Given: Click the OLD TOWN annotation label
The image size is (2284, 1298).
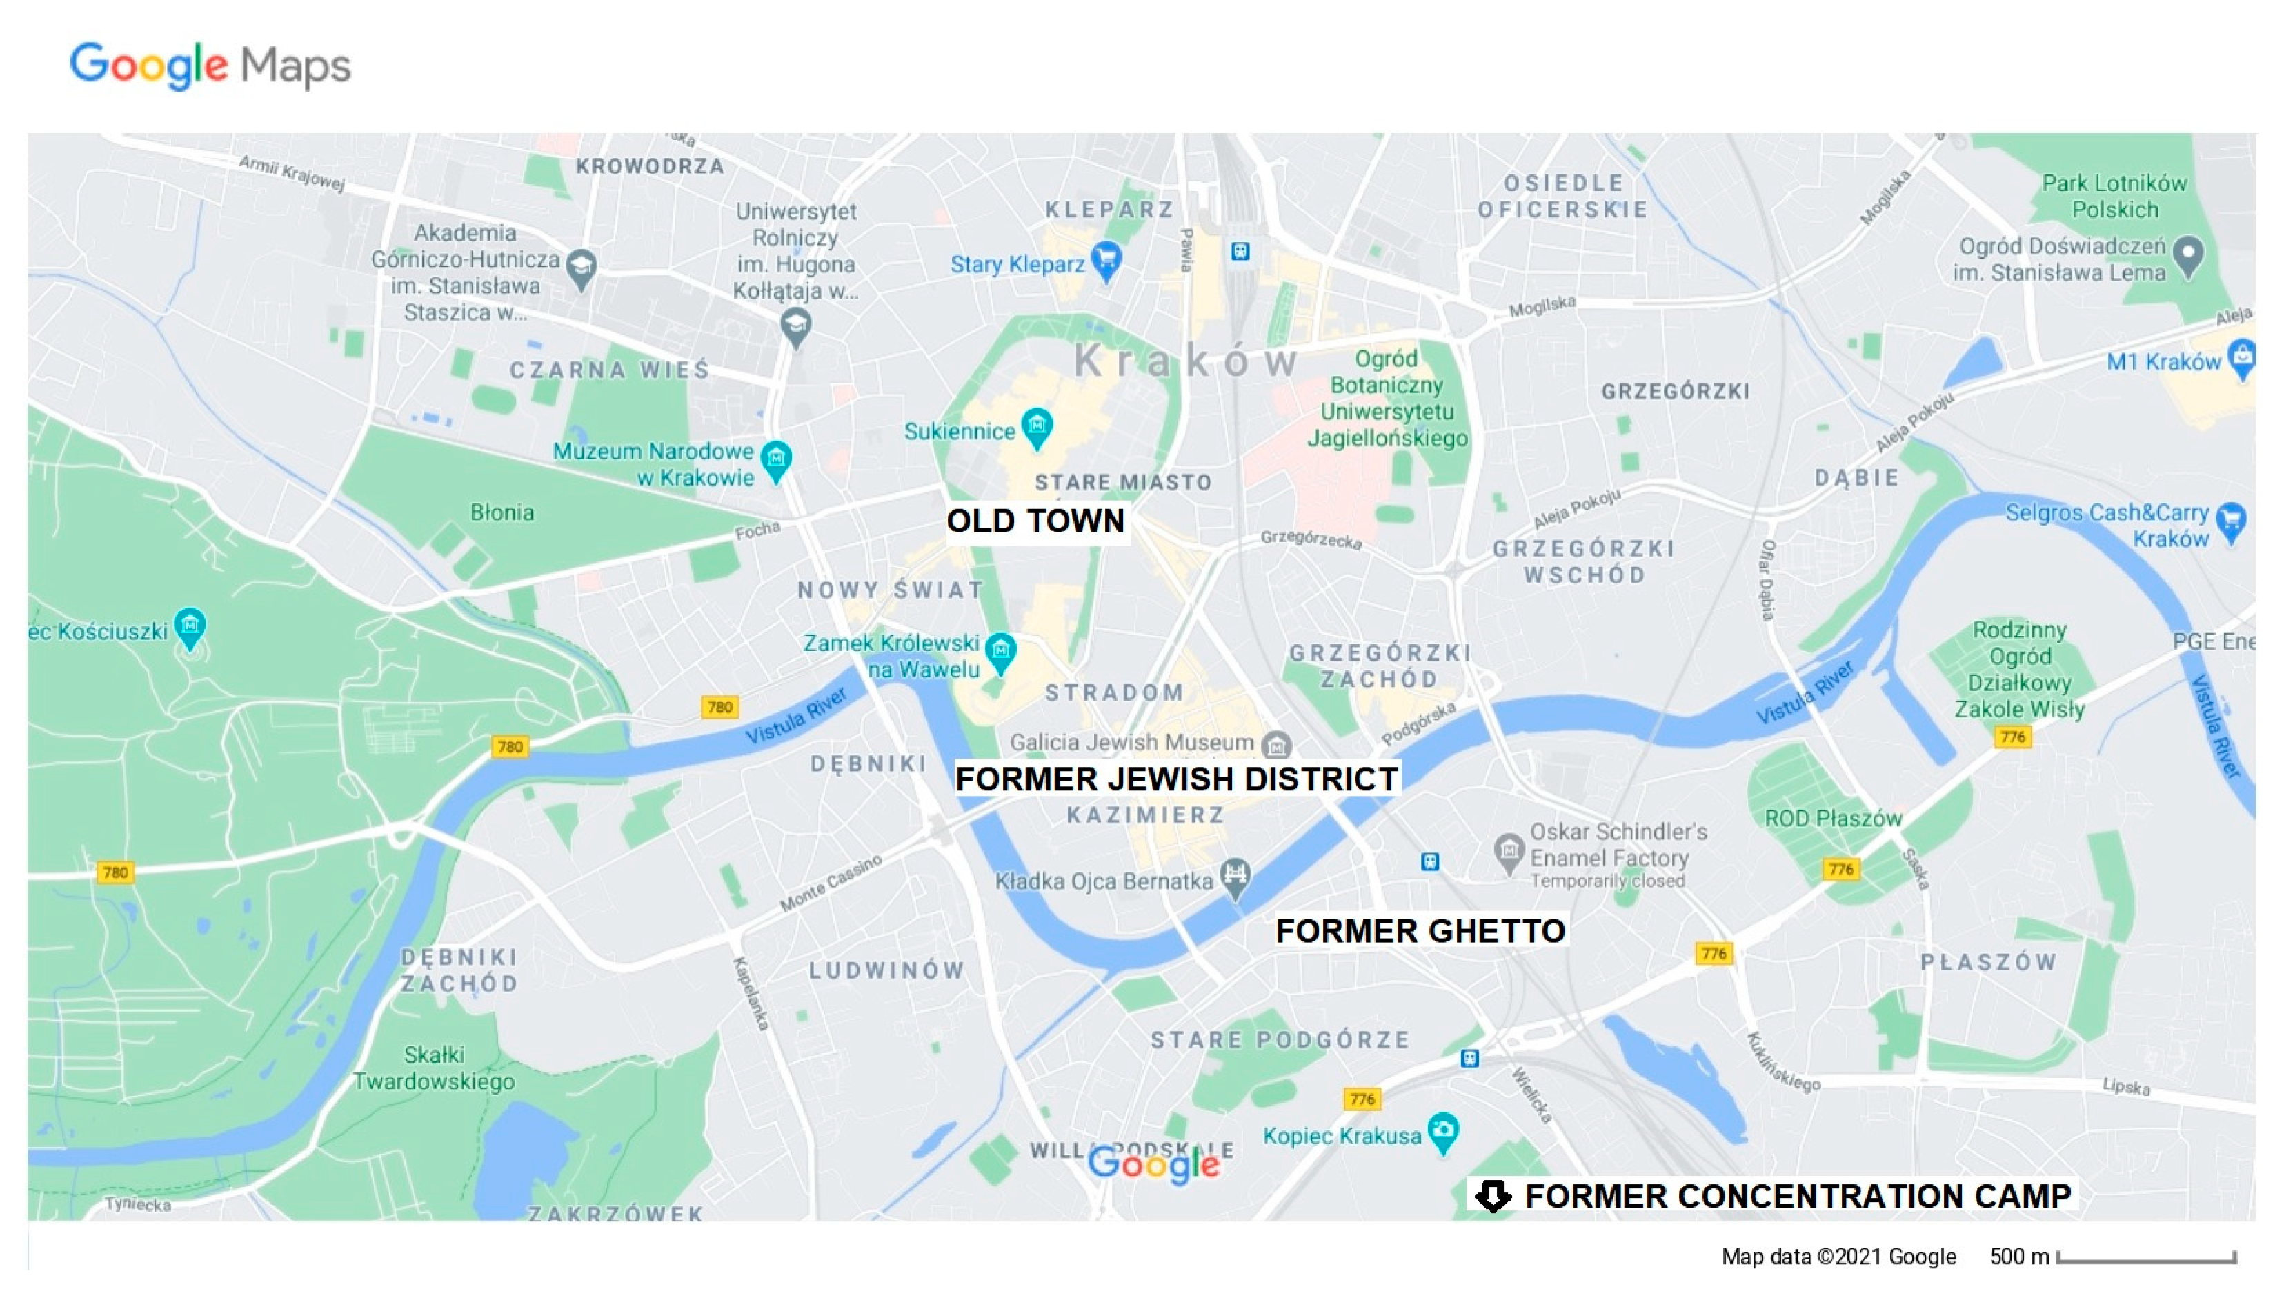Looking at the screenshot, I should [1035, 521].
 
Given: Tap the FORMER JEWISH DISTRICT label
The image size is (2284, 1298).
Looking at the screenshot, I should [1176, 778].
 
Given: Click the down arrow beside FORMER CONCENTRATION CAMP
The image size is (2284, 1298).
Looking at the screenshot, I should [1492, 1195].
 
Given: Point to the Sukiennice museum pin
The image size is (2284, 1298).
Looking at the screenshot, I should [1037, 427].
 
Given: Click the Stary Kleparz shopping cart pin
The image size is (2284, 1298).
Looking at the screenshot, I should [1106, 260].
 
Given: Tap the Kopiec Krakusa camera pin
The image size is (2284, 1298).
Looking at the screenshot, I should [1442, 1132].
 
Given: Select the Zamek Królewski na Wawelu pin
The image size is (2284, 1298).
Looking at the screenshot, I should [1000, 651].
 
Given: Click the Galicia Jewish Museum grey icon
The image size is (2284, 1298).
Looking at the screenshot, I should [1277, 743].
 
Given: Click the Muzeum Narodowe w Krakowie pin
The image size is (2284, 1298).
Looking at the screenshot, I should [775, 459].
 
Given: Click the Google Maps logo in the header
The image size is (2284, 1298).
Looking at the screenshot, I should [210, 65].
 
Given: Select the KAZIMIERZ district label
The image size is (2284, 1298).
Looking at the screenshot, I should [1146, 815].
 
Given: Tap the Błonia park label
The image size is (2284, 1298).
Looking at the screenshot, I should [502, 512].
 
